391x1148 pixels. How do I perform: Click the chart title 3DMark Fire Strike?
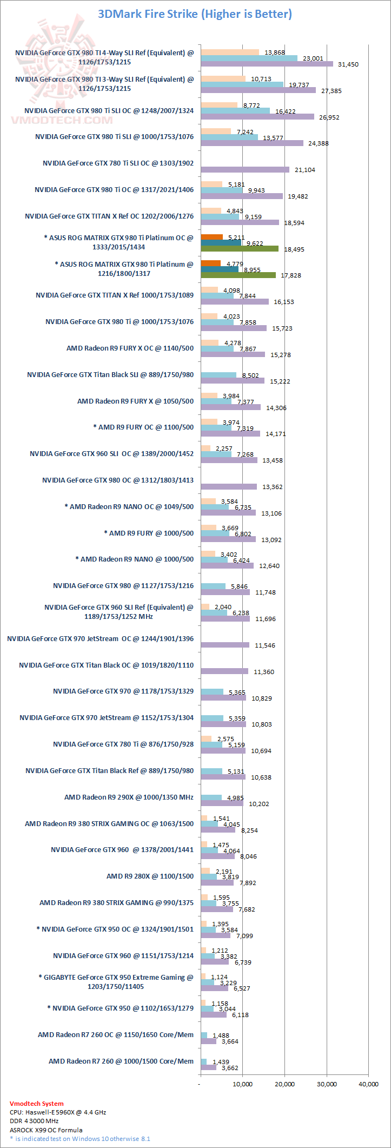coord(195,14)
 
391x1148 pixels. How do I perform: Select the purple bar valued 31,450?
coord(267,64)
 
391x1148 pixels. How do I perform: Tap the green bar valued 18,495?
coord(240,249)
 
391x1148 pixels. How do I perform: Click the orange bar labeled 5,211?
coord(211,237)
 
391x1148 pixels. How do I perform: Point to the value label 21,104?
coord(305,170)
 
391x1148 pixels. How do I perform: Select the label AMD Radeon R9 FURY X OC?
coord(130,348)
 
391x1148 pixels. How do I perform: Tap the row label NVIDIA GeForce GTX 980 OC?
coord(118,480)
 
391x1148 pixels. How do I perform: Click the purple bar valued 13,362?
coord(229,487)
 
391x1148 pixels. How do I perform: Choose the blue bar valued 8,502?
coord(218,375)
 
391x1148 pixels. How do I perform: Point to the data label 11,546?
coord(265,645)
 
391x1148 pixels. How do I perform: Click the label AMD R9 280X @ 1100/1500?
coord(150,876)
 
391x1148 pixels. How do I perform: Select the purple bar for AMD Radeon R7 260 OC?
coord(208,1041)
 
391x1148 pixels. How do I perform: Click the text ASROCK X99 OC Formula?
coord(46,1130)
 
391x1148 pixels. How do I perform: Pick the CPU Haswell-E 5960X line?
coord(58,1112)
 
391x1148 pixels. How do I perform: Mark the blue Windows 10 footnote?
coord(80,1139)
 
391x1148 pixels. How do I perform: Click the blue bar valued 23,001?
coord(249,58)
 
